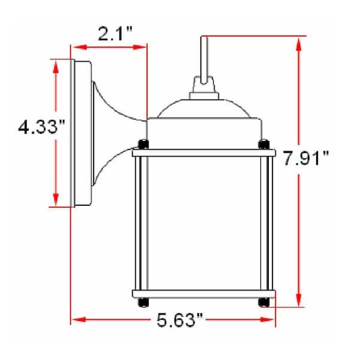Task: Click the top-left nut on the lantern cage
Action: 142,144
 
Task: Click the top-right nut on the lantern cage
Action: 264,144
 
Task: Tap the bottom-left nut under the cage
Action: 142,302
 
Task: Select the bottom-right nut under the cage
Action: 264,302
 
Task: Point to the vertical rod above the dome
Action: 203,57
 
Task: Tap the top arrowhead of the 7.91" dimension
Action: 298,42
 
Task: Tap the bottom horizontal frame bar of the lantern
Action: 203,294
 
